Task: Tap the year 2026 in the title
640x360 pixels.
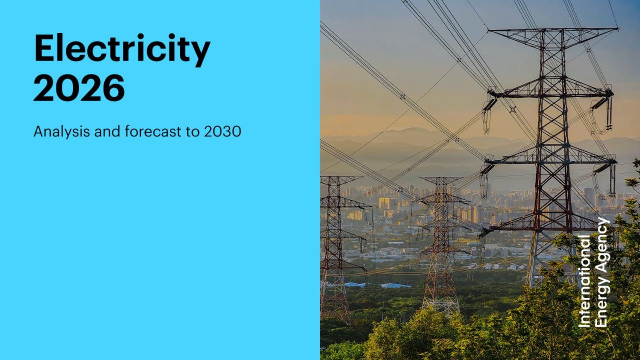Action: click(x=79, y=88)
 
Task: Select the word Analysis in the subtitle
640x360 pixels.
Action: click(x=62, y=132)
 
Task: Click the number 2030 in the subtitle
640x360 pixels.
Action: click(x=222, y=132)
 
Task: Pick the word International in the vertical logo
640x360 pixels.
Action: click(x=584, y=281)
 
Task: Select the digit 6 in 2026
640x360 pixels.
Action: click(x=114, y=88)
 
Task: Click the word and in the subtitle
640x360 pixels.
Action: click(x=107, y=131)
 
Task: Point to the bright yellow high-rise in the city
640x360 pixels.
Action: click(x=384, y=203)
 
